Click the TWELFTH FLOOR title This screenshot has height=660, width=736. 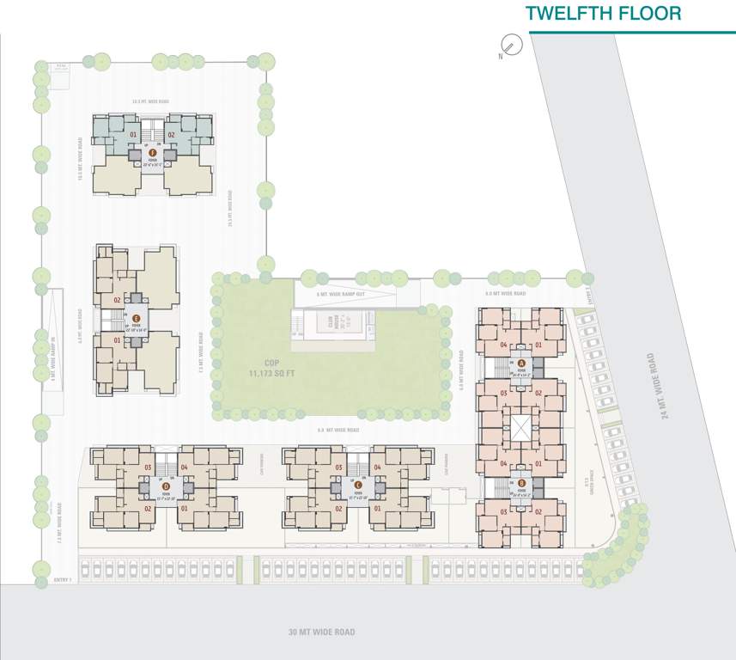(603, 14)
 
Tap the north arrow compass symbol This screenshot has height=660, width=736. (510, 44)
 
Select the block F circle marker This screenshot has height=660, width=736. (152, 152)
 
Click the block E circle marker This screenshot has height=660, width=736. (136, 318)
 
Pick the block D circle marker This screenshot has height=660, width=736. (165, 486)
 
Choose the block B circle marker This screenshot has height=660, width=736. (520, 483)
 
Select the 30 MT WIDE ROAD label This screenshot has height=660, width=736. (322, 632)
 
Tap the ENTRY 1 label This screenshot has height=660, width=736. (63, 581)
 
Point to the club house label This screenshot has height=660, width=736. (331, 323)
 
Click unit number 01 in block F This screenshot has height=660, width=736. (133, 136)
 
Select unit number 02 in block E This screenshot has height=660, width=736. (118, 300)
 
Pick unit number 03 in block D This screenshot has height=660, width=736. (148, 467)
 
